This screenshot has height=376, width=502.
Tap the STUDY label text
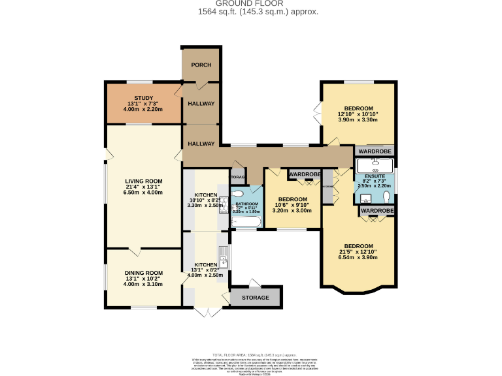(x=143, y=98)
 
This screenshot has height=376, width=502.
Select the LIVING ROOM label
(x=144, y=181)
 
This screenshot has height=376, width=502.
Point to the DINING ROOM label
(x=143, y=273)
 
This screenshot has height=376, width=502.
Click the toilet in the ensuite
(x=386, y=198)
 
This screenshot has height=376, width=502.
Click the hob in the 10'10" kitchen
(x=222, y=204)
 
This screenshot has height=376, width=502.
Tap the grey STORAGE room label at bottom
(x=255, y=298)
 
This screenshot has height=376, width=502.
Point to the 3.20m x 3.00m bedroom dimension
(x=292, y=211)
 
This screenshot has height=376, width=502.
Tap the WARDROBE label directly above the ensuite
(x=375, y=151)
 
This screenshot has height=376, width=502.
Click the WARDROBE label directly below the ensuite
(x=377, y=211)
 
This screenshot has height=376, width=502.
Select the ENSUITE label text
(x=375, y=177)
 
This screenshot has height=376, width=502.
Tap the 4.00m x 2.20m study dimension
(x=143, y=110)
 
